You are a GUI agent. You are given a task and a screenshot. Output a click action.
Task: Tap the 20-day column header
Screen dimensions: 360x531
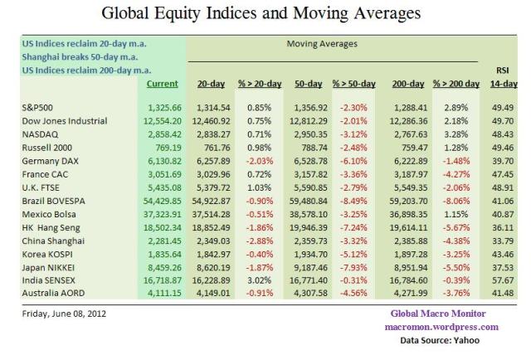click(x=213, y=84)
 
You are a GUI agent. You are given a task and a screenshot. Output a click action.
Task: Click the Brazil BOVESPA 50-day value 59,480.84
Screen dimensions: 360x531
click(x=308, y=201)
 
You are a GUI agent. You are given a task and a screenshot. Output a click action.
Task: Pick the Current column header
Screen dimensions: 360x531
click(x=162, y=84)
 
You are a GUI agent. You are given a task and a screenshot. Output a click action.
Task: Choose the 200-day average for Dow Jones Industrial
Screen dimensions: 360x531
click(x=404, y=120)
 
